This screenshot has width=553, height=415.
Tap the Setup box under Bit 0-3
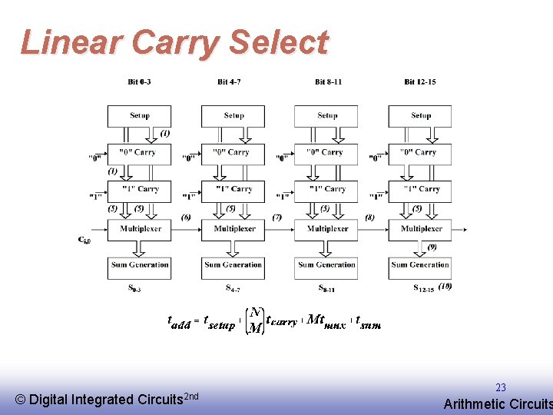point(139,116)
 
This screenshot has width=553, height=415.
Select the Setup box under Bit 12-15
point(420,116)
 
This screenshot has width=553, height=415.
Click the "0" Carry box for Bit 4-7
point(233,153)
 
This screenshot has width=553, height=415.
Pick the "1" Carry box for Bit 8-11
point(326,189)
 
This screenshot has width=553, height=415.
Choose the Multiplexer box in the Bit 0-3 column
point(139,229)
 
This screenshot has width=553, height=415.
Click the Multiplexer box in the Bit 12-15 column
point(420,229)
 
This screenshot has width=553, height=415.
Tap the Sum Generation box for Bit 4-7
point(233,265)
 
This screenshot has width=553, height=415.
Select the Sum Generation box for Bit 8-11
point(326,265)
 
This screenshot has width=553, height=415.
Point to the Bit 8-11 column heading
point(328,82)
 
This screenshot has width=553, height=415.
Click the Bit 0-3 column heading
point(139,82)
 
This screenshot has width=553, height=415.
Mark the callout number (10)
point(445,287)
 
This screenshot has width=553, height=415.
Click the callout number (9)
point(432,247)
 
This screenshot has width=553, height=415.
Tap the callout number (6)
point(186,217)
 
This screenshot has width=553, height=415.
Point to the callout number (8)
point(370,217)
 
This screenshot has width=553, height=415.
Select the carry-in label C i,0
point(84,240)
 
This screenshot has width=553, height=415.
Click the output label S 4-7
point(233,288)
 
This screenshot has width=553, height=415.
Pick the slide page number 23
point(501,388)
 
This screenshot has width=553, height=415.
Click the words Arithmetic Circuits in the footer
point(498,404)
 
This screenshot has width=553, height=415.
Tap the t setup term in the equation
point(219,323)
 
